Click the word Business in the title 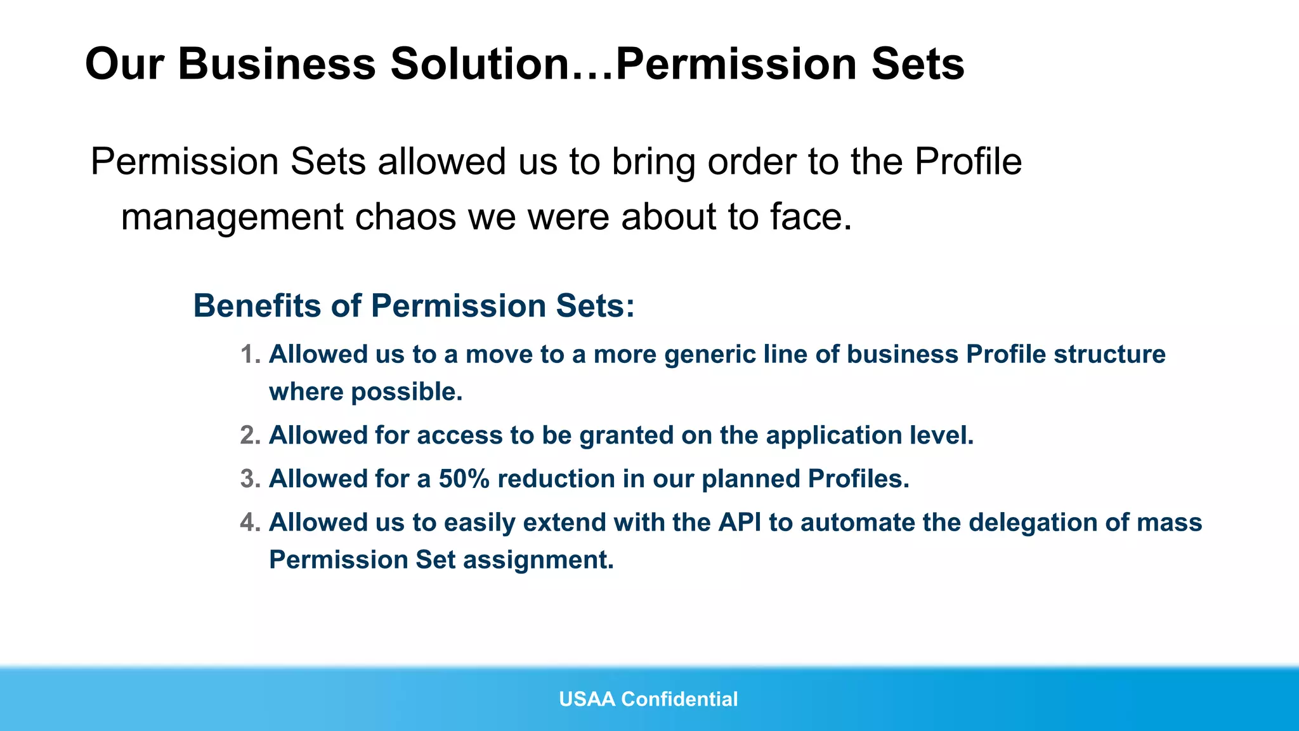point(277,64)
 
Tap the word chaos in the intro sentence point(405,217)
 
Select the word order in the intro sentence point(751,162)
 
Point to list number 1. point(250,355)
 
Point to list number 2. point(250,435)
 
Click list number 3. point(250,479)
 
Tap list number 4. point(250,523)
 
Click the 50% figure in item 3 point(464,479)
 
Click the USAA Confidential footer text point(648,699)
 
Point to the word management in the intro point(232,217)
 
